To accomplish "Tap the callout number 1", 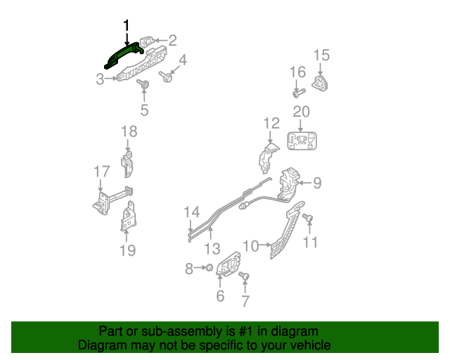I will click(127, 25).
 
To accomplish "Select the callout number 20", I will click(301, 112).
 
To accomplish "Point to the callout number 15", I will click(321, 55).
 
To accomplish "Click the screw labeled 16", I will click(297, 91).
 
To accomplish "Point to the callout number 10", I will click(250, 245).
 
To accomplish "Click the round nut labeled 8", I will click(209, 268).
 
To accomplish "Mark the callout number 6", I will click(220, 296).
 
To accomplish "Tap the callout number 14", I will click(192, 212).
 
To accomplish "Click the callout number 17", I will click(102, 171).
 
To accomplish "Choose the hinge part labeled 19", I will click(129, 217).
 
